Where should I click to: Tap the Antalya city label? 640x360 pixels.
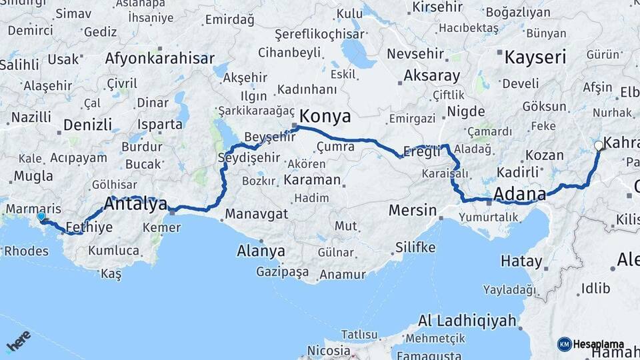[136, 205]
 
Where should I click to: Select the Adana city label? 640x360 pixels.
[519, 194]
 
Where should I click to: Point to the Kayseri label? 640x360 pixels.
[535, 57]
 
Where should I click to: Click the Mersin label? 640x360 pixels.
[412, 211]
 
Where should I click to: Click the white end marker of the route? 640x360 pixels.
[599, 145]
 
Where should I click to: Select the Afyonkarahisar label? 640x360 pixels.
[159, 58]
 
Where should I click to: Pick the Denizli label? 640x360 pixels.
[87, 124]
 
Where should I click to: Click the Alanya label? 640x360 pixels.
[261, 251]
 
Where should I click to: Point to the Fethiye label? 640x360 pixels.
[89, 227]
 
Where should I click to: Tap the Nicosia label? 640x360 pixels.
[329, 350]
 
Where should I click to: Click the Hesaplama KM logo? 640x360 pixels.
[591, 344]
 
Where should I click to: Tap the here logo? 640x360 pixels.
[19, 341]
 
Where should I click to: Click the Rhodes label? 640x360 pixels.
[26, 251]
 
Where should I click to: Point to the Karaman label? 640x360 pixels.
[311, 180]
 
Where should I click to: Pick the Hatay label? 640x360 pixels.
[521, 261]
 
